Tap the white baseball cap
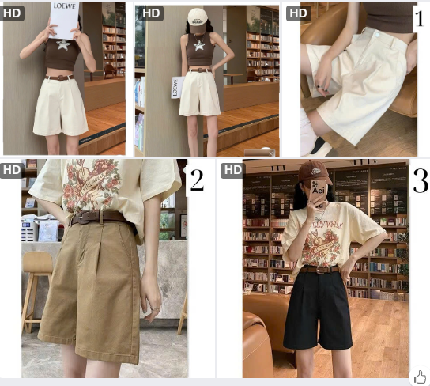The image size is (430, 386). [x=196, y=16]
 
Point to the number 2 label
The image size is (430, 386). [x=196, y=181]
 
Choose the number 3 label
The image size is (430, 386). [x=421, y=181]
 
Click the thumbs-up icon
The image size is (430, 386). [x=420, y=377]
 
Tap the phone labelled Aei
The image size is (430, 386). [x=319, y=192]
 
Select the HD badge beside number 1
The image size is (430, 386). [x=297, y=13]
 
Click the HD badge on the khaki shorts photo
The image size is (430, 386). [x=11, y=169]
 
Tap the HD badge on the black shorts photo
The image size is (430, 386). [x=232, y=169]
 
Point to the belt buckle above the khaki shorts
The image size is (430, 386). [x=78, y=218]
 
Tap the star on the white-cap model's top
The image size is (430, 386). [x=199, y=45]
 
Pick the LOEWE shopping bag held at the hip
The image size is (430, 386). [x=176, y=86]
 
